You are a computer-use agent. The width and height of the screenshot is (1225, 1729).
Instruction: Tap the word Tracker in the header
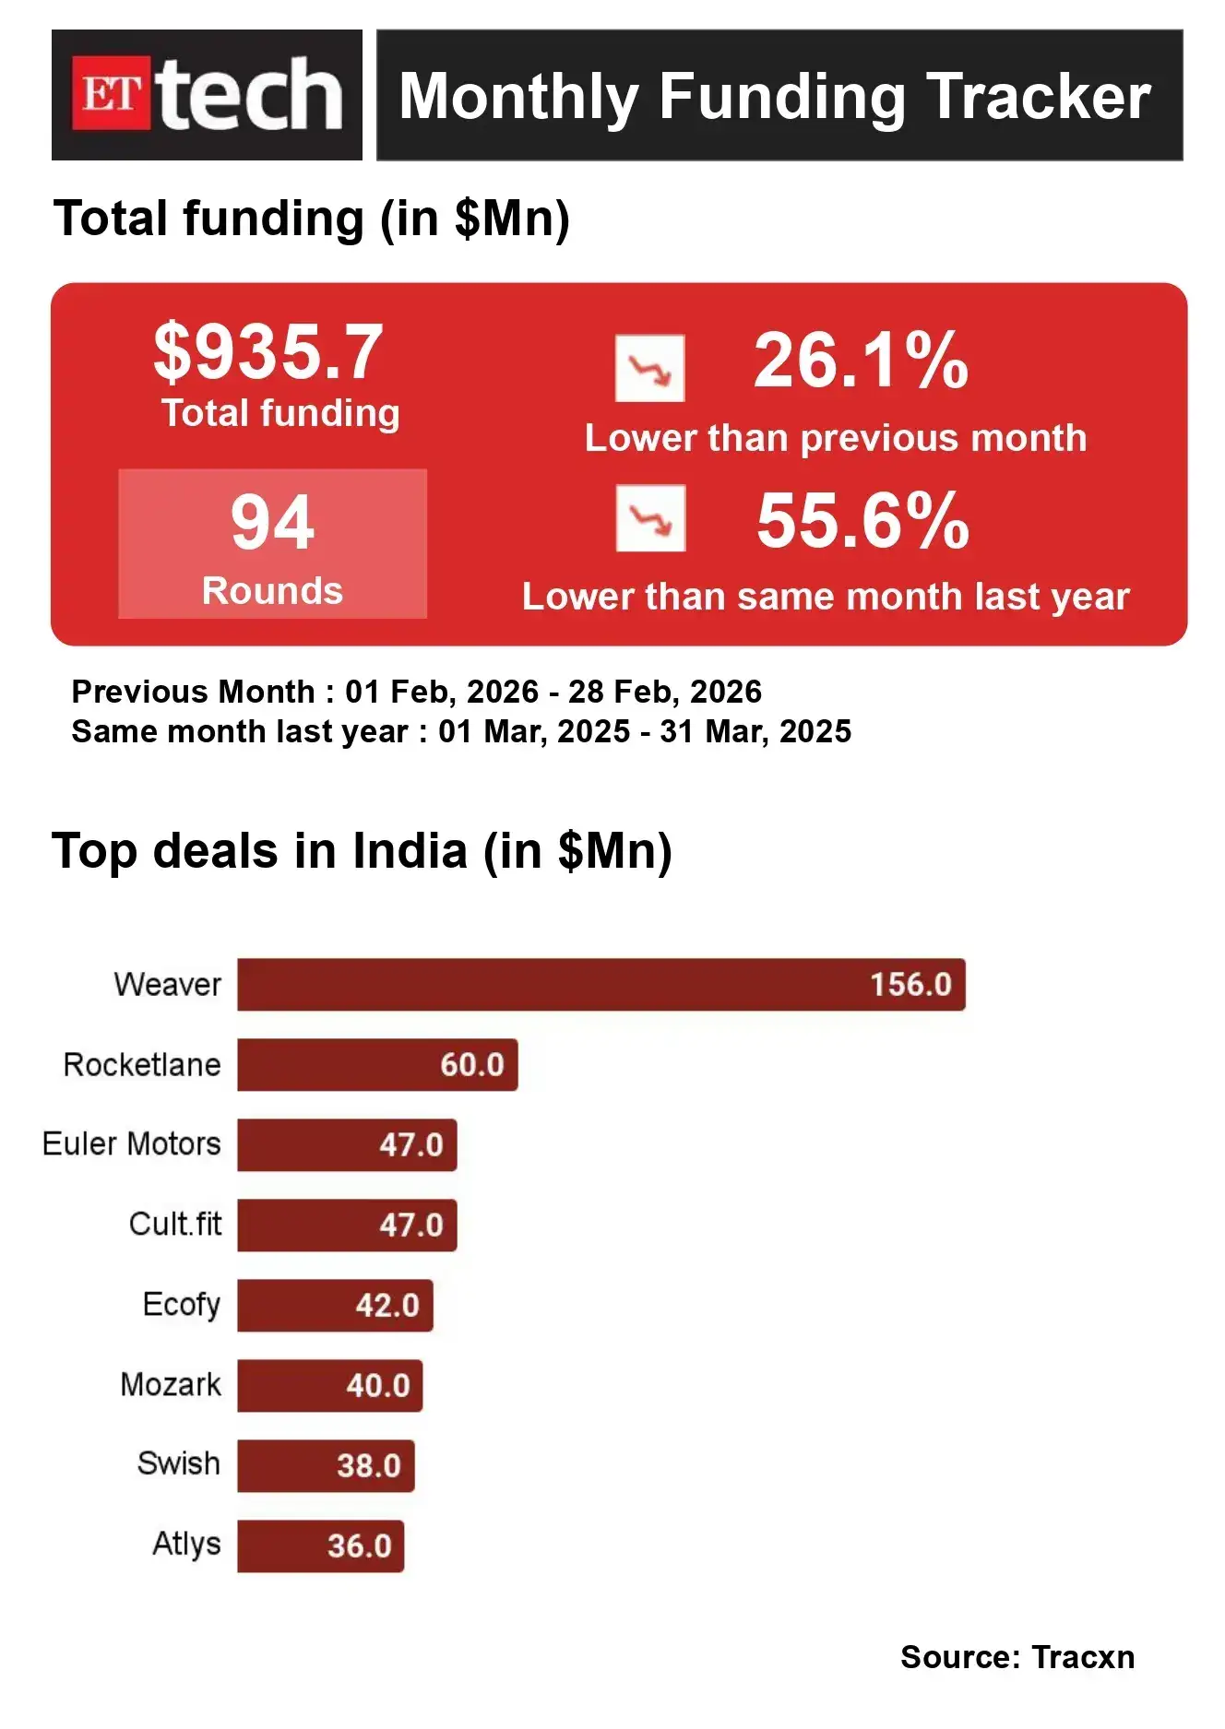[x=1039, y=97]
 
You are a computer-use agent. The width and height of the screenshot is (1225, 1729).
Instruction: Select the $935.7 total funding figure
[x=268, y=352]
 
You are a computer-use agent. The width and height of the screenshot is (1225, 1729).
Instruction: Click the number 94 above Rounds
[x=272, y=522]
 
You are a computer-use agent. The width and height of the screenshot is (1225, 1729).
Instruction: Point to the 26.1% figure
[x=861, y=361]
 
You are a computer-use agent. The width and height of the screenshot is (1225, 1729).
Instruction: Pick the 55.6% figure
[x=862, y=520]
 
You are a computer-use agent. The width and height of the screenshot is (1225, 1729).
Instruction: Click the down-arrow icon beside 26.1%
[x=650, y=369]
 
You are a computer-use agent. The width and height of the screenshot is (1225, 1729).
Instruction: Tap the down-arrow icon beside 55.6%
[x=650, y=518]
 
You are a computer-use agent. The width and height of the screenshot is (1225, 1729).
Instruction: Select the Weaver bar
[x=601, y=985]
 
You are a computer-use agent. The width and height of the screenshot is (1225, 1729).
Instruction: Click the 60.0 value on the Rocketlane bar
[x=471, y=1065]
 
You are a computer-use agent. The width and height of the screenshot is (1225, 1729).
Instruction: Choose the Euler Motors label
[x=132, y=1144]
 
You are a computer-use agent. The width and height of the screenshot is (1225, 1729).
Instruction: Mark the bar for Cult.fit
[x=347, y=1226]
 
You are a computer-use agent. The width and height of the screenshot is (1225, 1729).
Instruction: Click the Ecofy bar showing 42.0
[x=335, y=1306]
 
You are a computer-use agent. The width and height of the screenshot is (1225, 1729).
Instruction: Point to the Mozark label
[x=171, y=1385]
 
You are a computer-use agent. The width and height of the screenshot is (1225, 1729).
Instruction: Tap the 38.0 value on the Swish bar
[x=368, y=1466]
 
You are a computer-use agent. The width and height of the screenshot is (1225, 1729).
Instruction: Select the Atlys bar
[x=320, y=1546]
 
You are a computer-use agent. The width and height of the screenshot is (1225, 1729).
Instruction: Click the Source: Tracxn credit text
[x=1017, y=1657]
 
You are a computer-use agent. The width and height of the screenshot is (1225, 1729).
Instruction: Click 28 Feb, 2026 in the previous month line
[x=664, y=692]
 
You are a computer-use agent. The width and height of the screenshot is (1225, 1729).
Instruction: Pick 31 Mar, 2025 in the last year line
[x=755, y=731]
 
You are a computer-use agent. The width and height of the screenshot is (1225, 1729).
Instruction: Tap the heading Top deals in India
[x=362, y=850]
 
